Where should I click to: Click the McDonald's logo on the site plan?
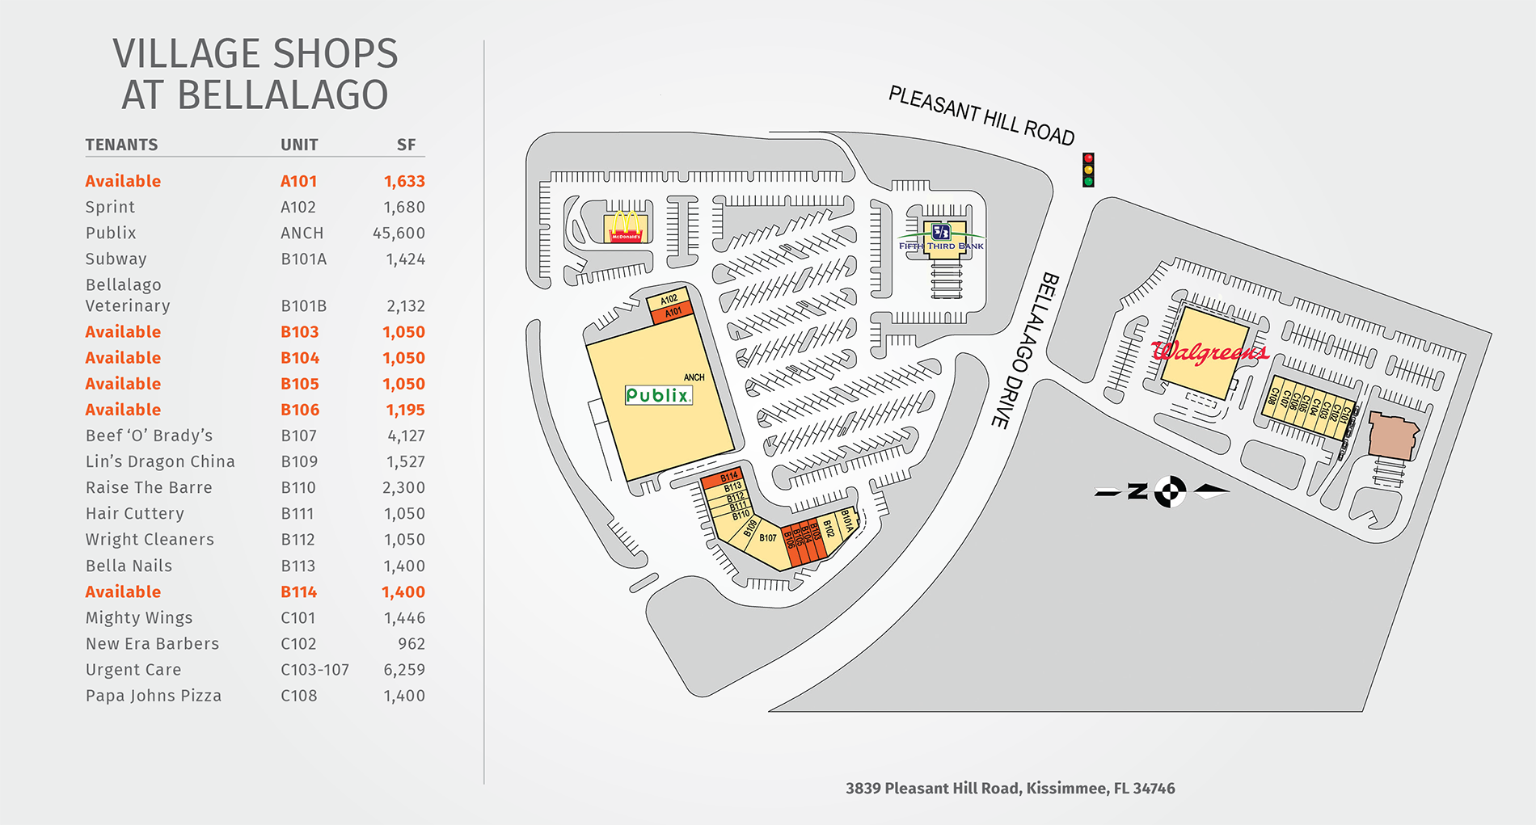(626, 226)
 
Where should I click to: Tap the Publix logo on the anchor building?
(659, 395)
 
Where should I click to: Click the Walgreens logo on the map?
(1209, 351)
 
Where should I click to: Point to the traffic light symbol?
(1088, 170)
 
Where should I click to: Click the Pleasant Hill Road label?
(981, 116)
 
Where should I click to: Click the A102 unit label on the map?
(669, 299)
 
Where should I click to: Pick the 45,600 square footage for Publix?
(399, 234)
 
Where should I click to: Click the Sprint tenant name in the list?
(110, 207)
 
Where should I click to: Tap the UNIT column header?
(299, 145)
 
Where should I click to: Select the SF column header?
(406, 145)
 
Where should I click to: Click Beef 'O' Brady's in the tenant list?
(149, 436)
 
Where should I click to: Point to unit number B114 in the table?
(298, 591)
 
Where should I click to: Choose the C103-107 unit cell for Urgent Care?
(314, 670)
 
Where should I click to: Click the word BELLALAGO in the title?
(282, 95)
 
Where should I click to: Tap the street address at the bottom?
(1010, 788)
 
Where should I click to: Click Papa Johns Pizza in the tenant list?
(154, 696)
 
